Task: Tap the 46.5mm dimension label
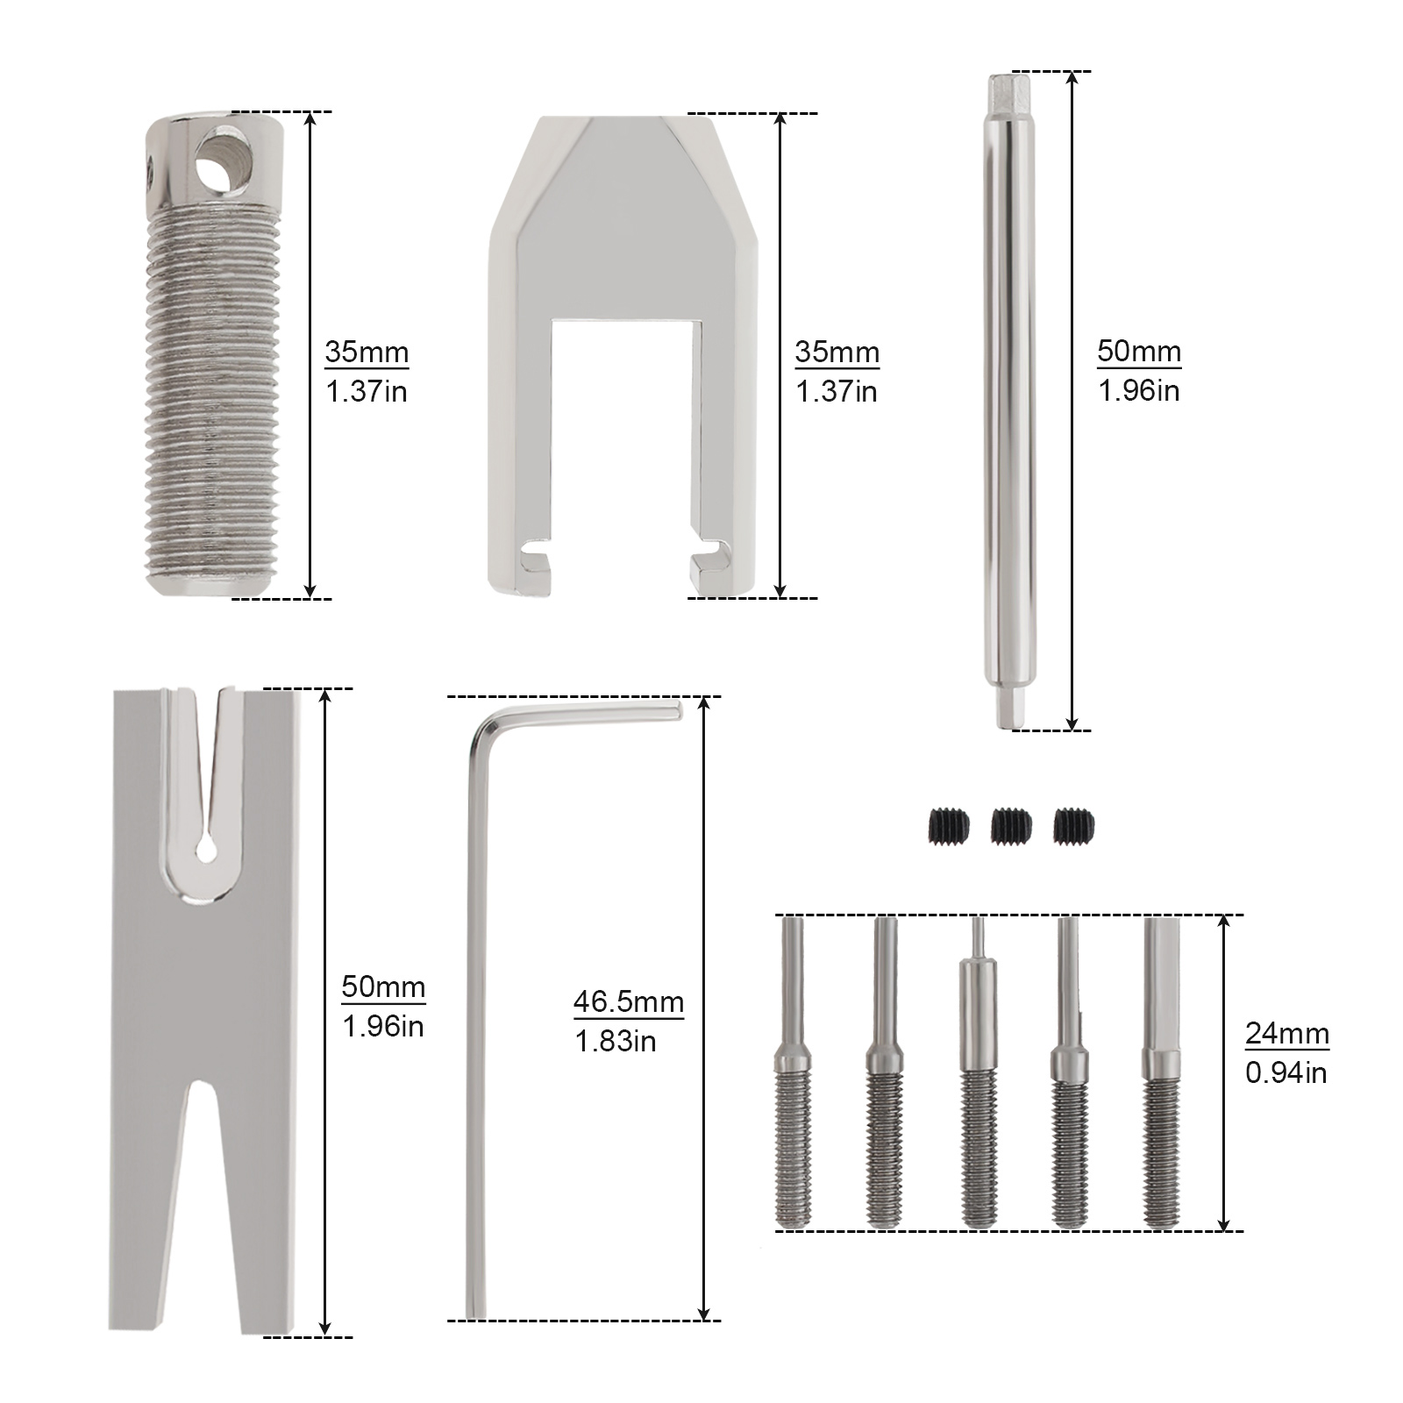click(x=629, y=1001)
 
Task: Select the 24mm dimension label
click(x=1287, y=1034)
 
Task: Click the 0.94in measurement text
click(x=1286, y=1072)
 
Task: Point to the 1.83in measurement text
click(x=616, y=1041)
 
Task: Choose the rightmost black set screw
click(x=1074, y=825)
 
